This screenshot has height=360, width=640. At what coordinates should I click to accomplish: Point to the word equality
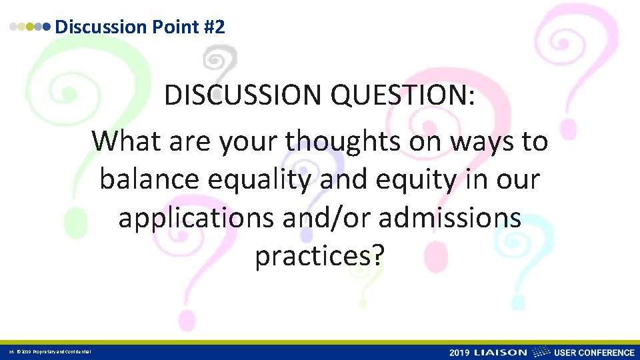[x=271, y=181]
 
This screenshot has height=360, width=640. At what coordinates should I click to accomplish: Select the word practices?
[x=319, y=257]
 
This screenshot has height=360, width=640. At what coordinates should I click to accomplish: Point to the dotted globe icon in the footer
[x=542, y=352]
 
